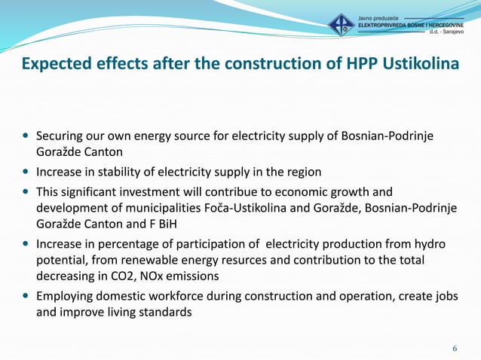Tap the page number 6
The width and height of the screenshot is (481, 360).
coord(455,348)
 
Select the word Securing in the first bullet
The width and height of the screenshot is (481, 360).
coord(61,136)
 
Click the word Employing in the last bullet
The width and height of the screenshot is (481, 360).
coord(66,295)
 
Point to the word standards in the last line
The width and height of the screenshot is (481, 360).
coord(165,311)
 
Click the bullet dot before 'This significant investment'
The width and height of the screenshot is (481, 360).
coord(26,191)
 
